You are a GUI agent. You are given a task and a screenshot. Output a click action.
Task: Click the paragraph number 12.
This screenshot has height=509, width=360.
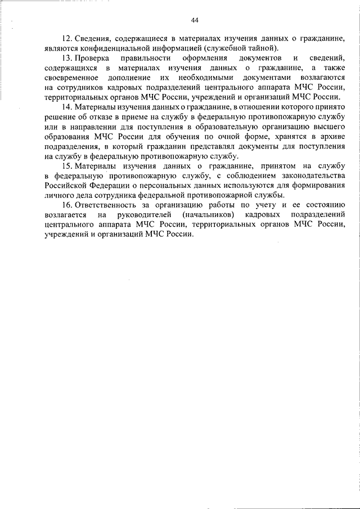(x=66, y=38)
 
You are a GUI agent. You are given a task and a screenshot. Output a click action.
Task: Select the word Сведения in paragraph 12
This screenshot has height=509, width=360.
(x=92, y=38)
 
